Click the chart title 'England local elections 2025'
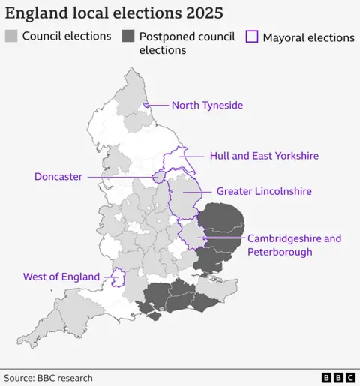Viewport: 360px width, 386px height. pos(114,13)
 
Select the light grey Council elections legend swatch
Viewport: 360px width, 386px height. pos(11,36)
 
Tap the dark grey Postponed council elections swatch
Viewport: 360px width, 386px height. pos(128,36)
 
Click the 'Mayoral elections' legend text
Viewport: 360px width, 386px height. pos(308,37)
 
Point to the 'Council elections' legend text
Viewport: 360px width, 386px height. pos(67,36)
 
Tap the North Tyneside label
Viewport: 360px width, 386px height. pos(207,106)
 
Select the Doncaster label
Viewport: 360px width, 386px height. pos(58,177)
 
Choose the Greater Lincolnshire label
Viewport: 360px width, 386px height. pos(264,192)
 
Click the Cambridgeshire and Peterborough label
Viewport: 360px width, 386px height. pos(294,245)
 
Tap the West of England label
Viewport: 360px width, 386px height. pos(61,277)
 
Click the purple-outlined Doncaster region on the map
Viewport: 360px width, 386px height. pos(159,177)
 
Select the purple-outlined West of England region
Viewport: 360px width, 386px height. pos(118,278)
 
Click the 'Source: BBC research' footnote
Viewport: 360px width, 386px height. pos(49,378)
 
